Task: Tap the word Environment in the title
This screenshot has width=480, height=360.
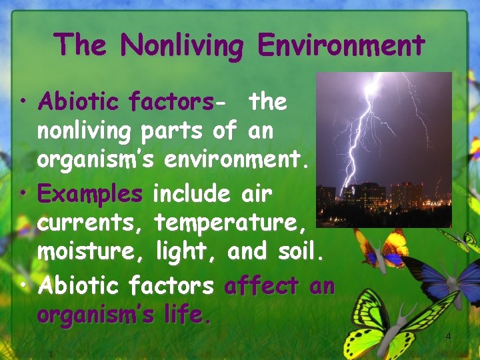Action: click(341, 45)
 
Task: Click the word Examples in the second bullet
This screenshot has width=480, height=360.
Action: click(90, 194)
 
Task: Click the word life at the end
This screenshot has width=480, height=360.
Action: click(187, 315)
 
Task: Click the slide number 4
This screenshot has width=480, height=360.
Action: click(448, 336)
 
